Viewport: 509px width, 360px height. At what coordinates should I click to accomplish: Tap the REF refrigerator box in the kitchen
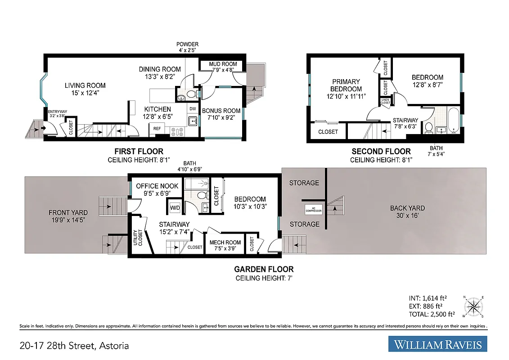pyautogui.click(x=157, y=129)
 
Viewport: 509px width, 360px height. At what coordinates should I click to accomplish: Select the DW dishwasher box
pyautogui.click(x=193, y=109)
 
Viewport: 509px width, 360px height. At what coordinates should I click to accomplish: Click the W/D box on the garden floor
pyautogui.click(x=175, y=207)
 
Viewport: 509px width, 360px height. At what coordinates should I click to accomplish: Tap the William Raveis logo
pyautogui.click(x=437, y=345)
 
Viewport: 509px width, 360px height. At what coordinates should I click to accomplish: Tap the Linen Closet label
pyautogui.click(x=386, y=102)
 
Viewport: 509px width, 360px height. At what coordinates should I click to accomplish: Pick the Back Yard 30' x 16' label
pyautogui.click(x=407, y=211)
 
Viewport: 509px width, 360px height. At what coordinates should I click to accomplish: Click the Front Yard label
pyautogui.click(x=68, y=216)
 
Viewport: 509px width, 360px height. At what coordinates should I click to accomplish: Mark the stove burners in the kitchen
pyautogui.click(x=176, y=131)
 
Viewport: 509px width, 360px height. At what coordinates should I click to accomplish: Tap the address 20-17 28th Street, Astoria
pyautogui.click(x=74, y=346)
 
